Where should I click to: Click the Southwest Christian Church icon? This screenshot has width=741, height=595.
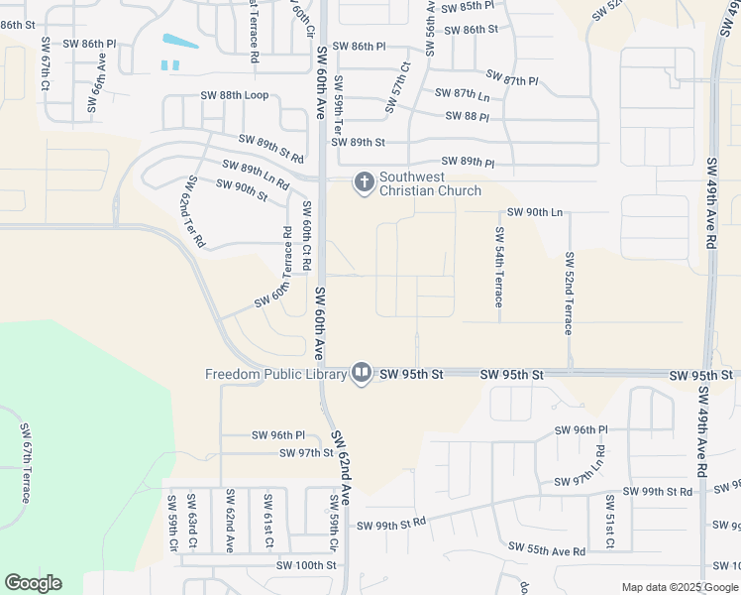click(364, 182)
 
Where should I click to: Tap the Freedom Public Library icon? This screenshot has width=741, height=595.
click(361, 374)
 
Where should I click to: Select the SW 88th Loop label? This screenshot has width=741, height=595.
click(235, 95)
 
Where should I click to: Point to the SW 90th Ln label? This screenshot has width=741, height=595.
click(535, 212)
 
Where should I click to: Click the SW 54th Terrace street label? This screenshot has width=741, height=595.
click(499, 267)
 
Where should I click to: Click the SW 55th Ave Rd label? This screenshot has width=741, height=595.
click(547, 548)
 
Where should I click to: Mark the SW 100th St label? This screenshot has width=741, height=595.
click(307, 565)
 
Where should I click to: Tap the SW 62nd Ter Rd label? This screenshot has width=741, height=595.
click(192, 211)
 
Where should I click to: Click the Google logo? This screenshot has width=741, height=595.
click(33, 583)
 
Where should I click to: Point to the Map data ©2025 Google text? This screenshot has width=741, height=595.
click(680, 587)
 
